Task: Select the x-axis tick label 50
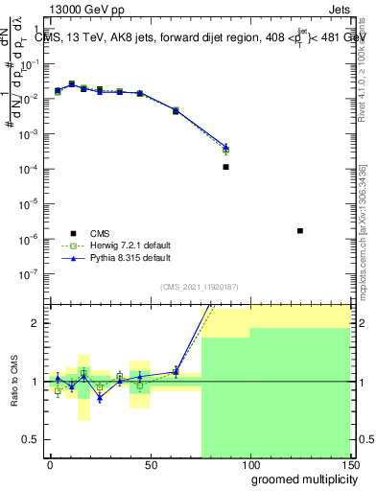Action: coord(150,465)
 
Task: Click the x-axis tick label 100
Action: coord(249,465)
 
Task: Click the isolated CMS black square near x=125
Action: coord(300,230)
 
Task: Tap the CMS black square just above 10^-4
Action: coord(225,167)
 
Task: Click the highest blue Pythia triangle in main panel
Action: coord(72,84)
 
